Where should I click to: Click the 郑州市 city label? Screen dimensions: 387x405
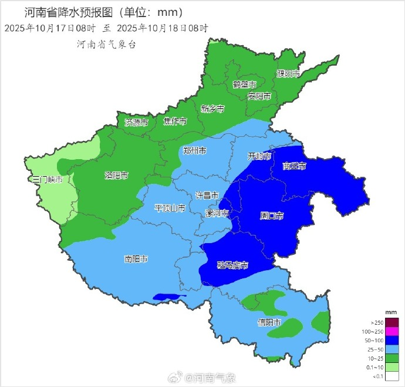click(x=194, y=151)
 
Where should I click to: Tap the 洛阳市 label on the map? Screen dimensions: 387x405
click(x=116, y=175)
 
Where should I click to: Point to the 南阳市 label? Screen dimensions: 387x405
click(x=136, y=259)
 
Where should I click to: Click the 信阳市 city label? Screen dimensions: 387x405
click(x=269, y=322)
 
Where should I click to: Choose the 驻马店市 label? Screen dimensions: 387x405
click(x=232, y=265)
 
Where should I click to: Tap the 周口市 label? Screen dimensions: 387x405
click(x=272, y=216)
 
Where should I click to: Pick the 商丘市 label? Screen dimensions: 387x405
click(x=294, y=166)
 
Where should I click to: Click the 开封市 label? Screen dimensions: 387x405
click(x=259, y=156)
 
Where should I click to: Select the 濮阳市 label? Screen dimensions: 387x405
click(x=288, y=74)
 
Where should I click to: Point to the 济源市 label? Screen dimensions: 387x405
click(x=136, y=122)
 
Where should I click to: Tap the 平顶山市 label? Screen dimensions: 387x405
click(x=170, y=208)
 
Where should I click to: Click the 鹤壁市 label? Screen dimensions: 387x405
click(x=245, y=84)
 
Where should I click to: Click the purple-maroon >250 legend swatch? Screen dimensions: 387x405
click(x=392, y=322)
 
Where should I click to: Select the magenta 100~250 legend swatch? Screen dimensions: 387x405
click(x=392, y=332)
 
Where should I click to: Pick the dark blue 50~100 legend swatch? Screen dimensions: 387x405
click(x=392, y=341)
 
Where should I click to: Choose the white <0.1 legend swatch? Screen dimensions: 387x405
click(x=392, y=376)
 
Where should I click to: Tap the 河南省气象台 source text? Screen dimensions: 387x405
click(x=106, y=44)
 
